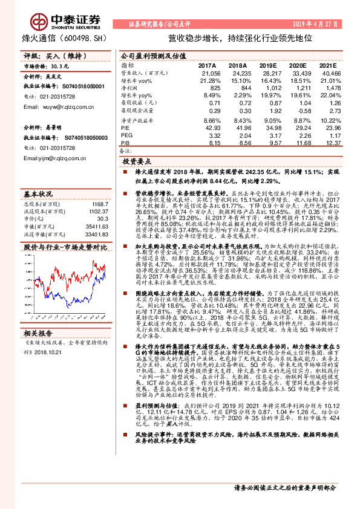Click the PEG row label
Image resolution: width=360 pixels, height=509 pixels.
[126, 136]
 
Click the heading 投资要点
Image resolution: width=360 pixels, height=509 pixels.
[137, 163]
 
